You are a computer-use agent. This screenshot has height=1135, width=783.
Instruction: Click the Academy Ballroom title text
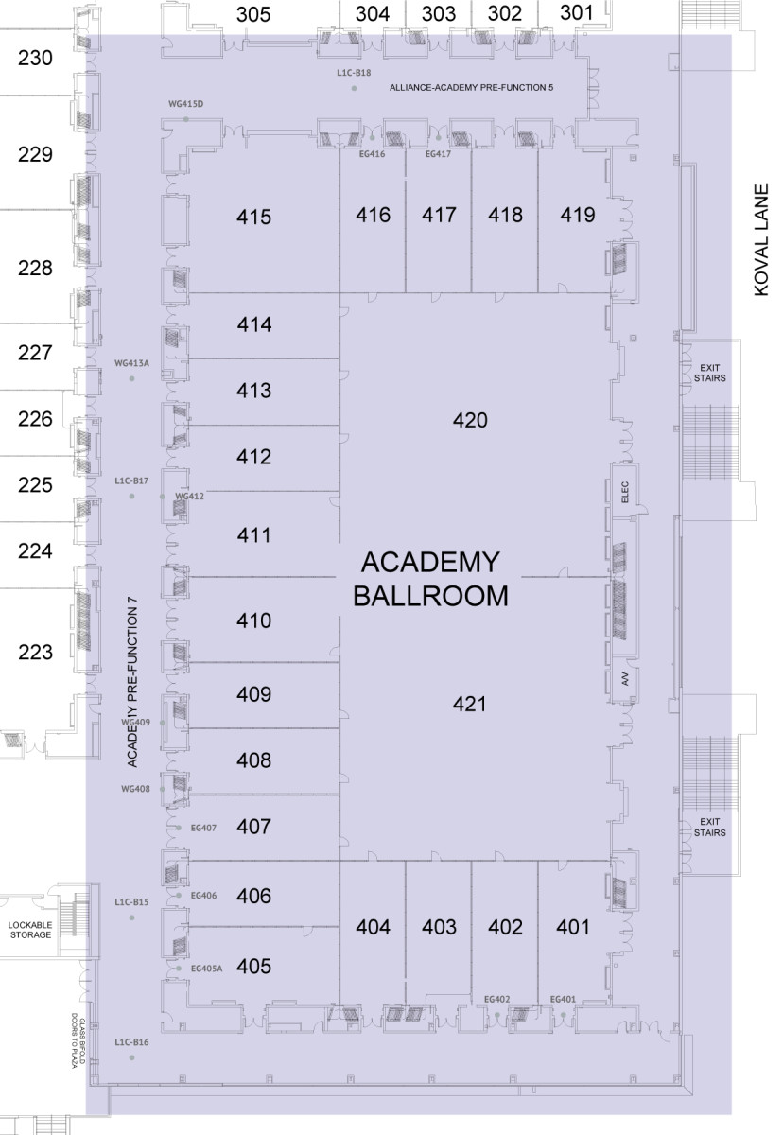pos(430,579)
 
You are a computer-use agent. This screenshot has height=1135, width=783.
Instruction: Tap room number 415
pos(253,217)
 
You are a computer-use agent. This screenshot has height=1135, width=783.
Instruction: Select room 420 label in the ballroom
pos(470,420)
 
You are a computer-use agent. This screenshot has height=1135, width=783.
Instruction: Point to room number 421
pos(470,704)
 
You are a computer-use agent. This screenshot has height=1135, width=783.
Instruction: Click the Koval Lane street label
pos(761,239)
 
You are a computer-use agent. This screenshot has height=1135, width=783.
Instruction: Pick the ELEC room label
pos(624,492)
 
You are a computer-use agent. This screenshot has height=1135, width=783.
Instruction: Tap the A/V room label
pos(625,679)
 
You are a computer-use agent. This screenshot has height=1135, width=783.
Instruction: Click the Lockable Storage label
pos(30,931)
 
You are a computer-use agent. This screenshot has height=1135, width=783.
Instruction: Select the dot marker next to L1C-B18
pos(355,89)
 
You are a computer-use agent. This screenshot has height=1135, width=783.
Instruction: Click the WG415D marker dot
pos(186,119)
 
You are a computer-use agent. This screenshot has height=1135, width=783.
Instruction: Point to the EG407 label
pos(203,828)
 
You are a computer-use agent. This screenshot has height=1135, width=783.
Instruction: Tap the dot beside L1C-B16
pos(132,1058)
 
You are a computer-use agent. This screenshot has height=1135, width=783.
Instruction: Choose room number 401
pos(573,927)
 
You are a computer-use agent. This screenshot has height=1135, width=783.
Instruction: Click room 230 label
pos(35,58)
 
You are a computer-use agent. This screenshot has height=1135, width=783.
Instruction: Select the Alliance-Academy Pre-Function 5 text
pos(471,88)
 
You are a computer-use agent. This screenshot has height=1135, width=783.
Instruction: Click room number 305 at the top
pos(253,14)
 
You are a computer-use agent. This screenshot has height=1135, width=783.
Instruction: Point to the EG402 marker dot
pos(497,1015)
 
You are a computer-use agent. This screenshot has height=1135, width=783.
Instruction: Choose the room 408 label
pos(253,760)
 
